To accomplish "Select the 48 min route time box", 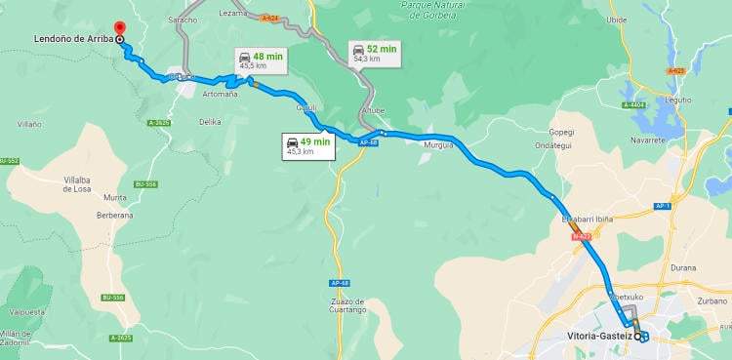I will [x=261, y=60].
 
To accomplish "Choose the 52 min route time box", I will [x=375, y=53].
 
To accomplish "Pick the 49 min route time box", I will [x=308, y=145].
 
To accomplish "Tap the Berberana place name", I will [x=114, y=215].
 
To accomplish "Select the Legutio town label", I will [x=677, y=100].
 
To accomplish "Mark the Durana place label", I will [x=684, y=265].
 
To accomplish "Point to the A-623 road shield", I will [x=674, y=71].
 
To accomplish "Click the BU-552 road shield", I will [x=10, y=161].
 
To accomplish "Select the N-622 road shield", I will [x=582, y=236].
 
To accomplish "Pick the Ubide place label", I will [x=644, y=20].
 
